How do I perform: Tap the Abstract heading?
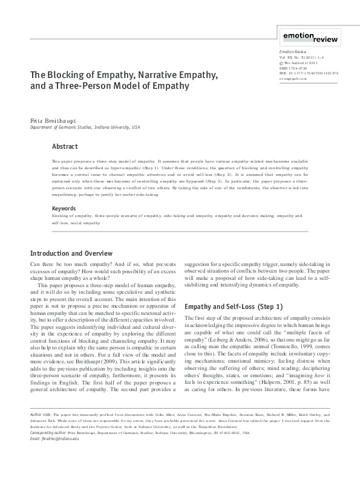[x=65, y=146]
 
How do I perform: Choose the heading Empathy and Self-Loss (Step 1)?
[x=233, y=306]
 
